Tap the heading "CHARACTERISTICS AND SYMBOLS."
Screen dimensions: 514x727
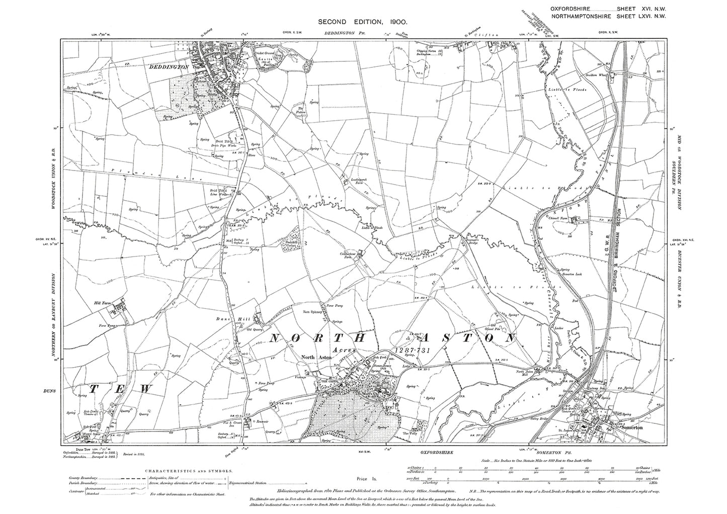pos(189,471)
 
